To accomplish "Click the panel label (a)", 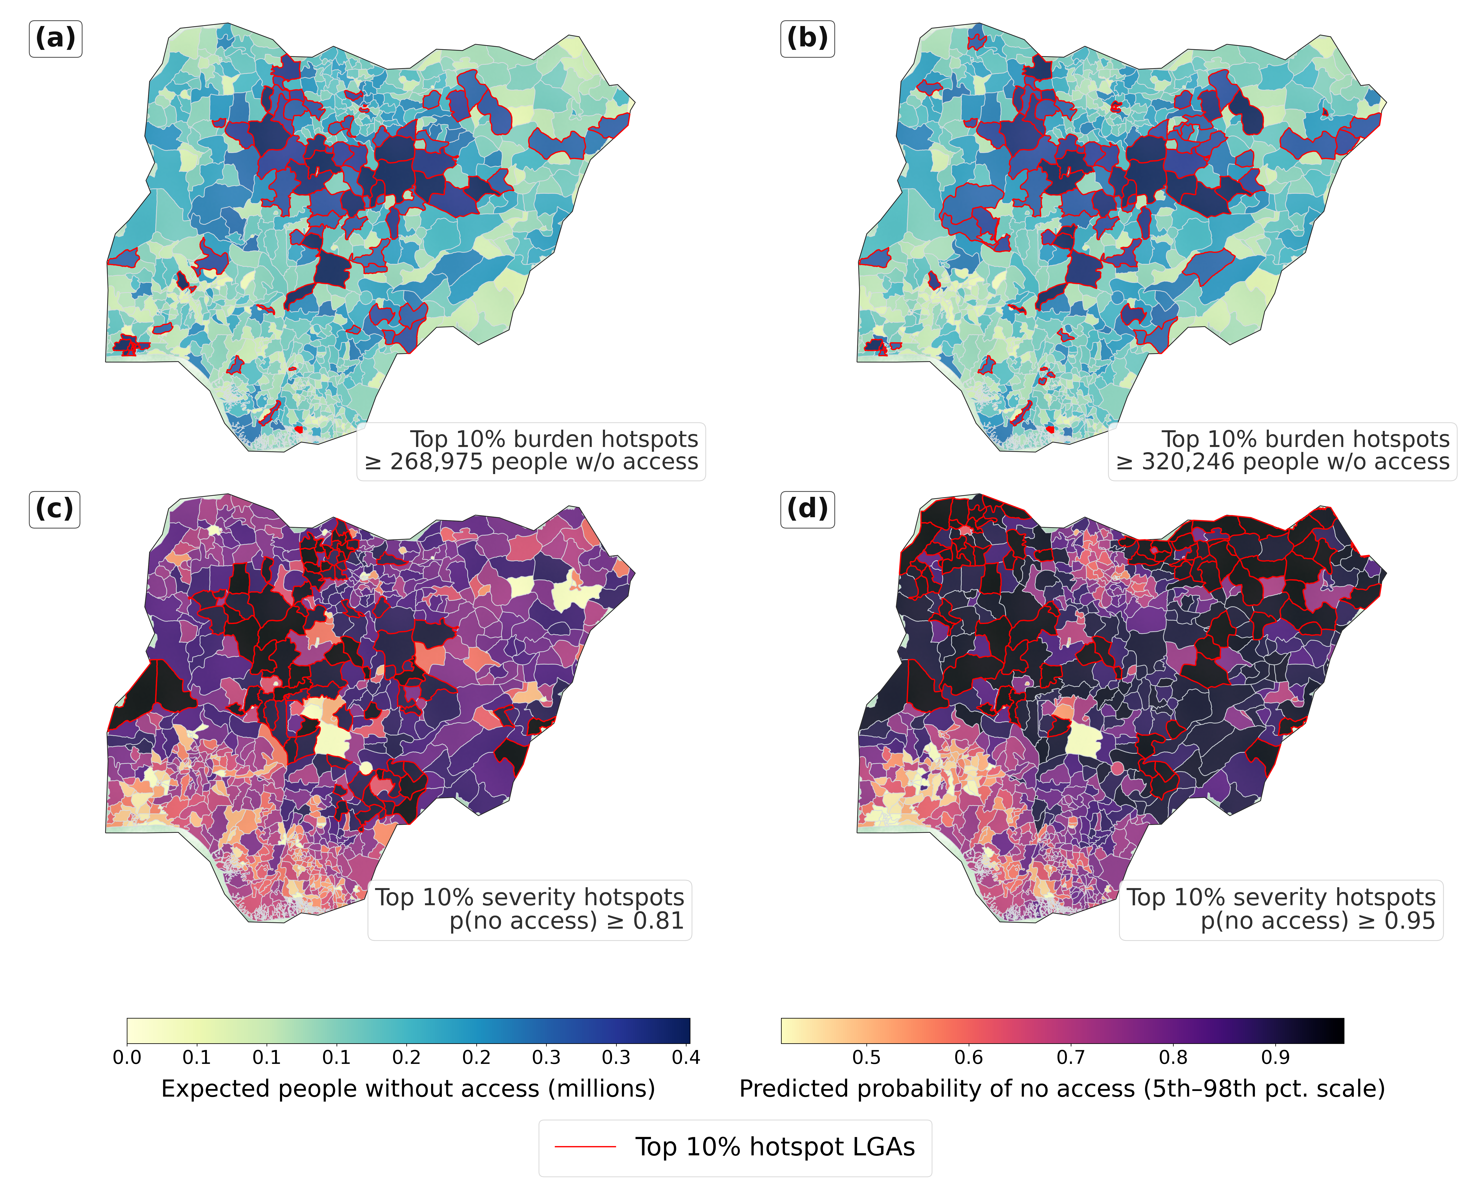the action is point(55,38).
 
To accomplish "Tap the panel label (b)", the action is point(807,38).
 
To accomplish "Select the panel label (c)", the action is point(55,509).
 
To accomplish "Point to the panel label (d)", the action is point(807,509).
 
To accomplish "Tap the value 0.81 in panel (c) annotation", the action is point(658,921).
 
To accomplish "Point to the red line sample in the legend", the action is point(585,1147).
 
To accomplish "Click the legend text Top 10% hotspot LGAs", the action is point(775,1147).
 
